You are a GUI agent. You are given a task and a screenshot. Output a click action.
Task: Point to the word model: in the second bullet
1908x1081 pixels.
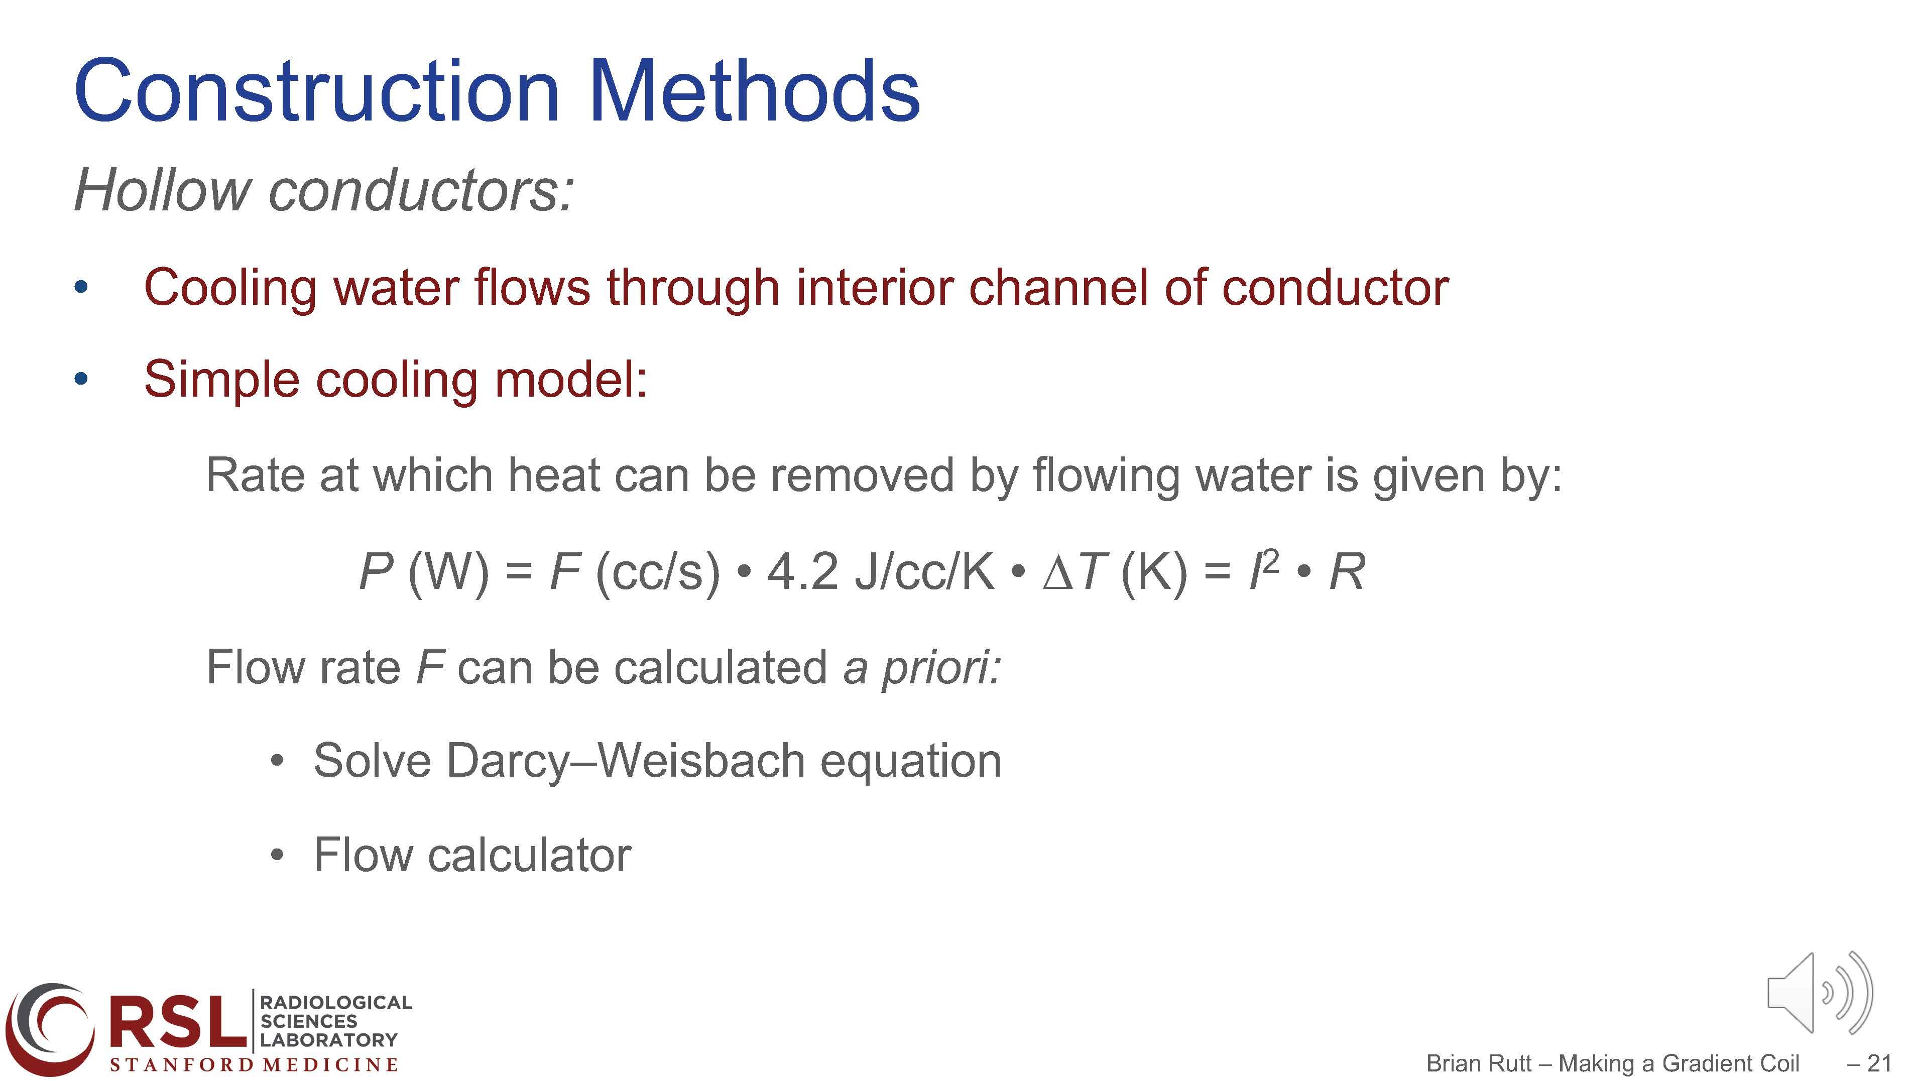tap(571, 379)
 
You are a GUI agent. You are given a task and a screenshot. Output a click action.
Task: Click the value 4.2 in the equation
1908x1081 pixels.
tap(802, 572)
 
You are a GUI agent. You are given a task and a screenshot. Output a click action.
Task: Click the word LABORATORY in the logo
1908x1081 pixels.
tap(329, 1039)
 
